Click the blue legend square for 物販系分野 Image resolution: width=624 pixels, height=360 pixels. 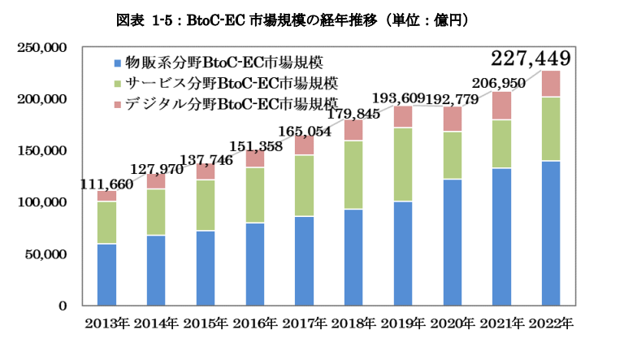(x=119, y=63)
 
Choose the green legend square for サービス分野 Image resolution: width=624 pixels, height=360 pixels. (x=119, y=83)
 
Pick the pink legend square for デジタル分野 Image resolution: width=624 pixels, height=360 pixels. (x=119, y=103)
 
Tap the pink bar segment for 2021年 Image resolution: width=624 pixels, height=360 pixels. (x=502, y=106)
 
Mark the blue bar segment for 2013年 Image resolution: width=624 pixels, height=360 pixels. (x=106, y=274)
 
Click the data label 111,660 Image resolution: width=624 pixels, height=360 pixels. (x=106, y=184)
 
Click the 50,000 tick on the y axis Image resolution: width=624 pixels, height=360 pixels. (x=47, y=254)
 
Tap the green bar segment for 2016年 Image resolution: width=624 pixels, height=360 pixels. (x=255, y=195)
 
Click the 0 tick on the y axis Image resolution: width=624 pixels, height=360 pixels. (x=62, y=306)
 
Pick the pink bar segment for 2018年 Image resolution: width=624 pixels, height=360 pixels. (x=353, y=130)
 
